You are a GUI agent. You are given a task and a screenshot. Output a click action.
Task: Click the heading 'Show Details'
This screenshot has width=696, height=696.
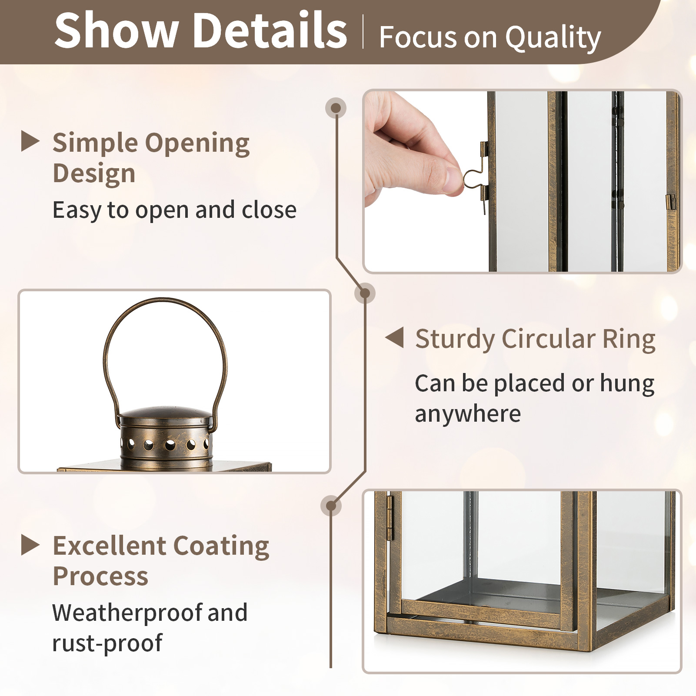201,30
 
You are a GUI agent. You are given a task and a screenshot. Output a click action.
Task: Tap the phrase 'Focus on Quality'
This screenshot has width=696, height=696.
490,38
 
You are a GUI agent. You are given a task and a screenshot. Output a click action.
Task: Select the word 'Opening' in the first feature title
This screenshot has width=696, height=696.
197,143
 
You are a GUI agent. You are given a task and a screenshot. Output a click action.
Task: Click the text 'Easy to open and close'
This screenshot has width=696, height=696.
174,210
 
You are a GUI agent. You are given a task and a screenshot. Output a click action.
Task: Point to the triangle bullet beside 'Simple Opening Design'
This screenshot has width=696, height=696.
30,142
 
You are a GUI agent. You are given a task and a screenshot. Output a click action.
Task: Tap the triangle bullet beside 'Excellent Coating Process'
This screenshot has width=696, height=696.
30,545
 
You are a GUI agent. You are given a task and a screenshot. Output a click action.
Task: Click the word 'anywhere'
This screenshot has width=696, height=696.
468,413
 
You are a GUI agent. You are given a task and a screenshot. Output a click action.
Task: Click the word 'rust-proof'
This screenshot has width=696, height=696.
107,643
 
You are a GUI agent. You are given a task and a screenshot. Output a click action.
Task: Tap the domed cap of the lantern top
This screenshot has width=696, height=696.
166,413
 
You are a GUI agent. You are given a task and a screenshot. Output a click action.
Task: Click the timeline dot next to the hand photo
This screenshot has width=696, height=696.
336,107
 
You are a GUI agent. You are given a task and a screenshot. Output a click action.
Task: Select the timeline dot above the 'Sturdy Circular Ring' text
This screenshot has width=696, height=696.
365,293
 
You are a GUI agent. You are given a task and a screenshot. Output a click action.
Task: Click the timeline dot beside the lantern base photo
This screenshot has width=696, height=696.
331,506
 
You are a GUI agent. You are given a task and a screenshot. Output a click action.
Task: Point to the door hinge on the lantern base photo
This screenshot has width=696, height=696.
390,517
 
